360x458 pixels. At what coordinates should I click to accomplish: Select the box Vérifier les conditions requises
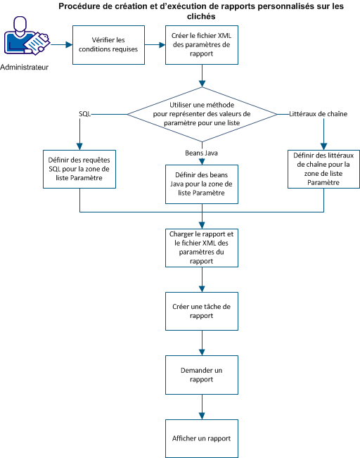click(x=109, y=45)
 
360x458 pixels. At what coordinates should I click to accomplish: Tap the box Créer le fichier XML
click(x=202, y=45)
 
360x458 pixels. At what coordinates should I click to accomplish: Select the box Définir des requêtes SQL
click(x=80, y=169)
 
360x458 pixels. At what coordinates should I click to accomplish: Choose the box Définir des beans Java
click(x=202, y=184)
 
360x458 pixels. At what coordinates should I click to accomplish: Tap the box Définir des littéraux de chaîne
click(x=323, y=169)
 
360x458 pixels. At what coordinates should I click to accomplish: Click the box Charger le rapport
click(x=202, y=247)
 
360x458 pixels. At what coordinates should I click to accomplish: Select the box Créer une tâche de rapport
click(x=202, y=312)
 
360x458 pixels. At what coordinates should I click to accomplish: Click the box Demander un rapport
click(x=202, y=375)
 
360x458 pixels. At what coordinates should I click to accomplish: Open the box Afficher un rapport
click(x=202, y=438)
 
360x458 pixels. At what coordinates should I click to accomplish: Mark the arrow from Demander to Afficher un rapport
click(x=202, y=407)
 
